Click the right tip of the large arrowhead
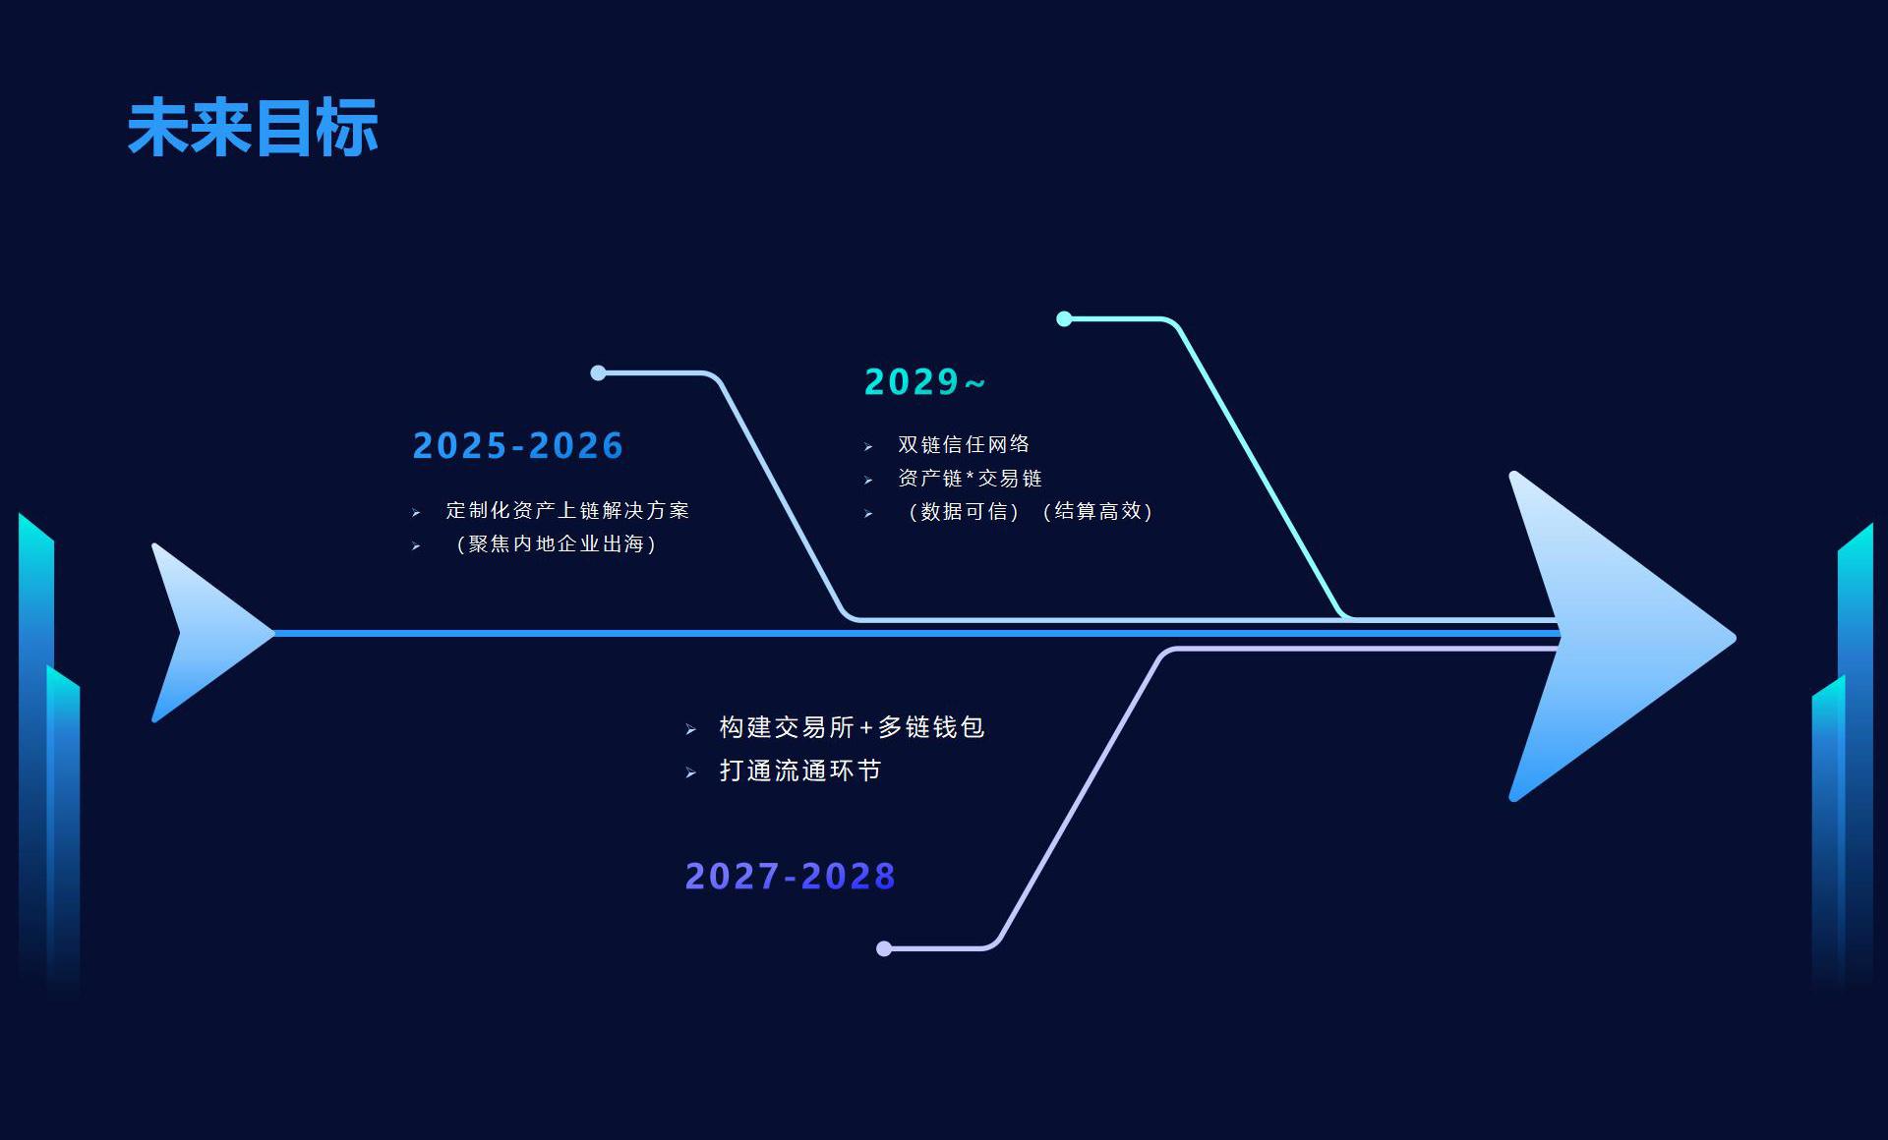[x=1735, y=638]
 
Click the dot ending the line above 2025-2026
[x=598, y=372]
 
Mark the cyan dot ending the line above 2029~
[x=1064, y=318]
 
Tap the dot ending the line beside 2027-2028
[x=884, y=948]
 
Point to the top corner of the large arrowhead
[x=1513, y=474]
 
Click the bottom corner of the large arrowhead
[x=1513, y=799]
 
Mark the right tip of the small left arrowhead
[x=274, y=633]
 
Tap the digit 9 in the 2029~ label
[x=947, y=381]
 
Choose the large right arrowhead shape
[x=1622, y=637]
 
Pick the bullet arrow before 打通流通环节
[x=691, y=772]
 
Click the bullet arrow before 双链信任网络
[x=868, y=447]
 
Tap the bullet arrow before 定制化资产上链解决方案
[x=416, y=513]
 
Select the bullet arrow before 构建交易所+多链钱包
[x=691, y=729]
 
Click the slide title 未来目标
[x=253, y=128]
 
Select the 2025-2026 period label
[x=518, y=446]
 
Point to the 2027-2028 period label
[x=791, y=877]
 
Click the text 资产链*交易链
[x=970, y=479]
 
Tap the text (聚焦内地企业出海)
[x=556, y=544]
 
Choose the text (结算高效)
[x=1096, y=511]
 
